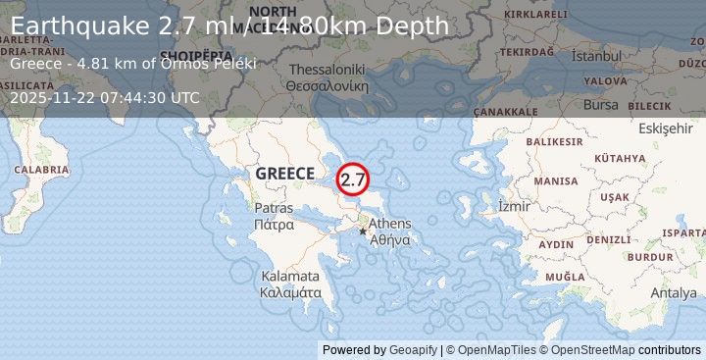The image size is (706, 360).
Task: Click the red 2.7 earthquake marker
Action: coord(352,180)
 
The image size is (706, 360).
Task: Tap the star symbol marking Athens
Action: coord(363,231)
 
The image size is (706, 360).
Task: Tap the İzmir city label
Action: coord(514,206)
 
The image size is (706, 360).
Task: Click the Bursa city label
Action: coord(601,104)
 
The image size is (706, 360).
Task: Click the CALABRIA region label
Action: coord(41,170)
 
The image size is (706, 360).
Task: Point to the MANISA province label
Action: coord(556,181)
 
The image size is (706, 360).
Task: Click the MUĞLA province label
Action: coord(565,277)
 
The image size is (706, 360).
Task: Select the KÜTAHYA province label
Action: coord(620,158)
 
